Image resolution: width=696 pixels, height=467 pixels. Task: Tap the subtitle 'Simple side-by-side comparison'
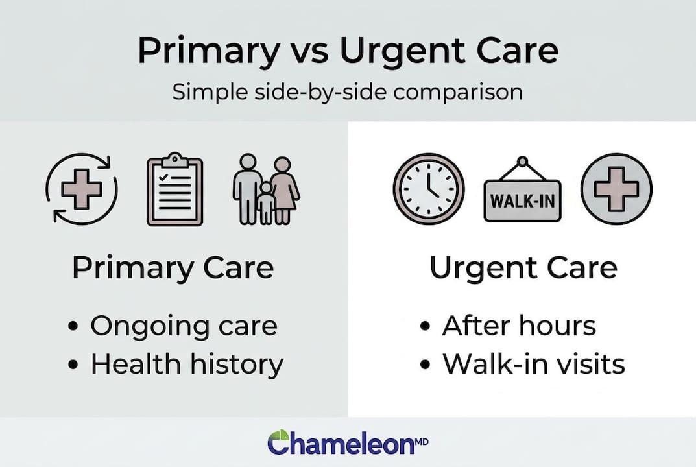pos(348,91)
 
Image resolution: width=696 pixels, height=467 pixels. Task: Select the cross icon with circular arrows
pos(82,189)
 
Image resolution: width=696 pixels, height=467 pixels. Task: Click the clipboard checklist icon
pos(175,189)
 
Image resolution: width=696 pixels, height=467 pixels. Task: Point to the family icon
pos(266,189)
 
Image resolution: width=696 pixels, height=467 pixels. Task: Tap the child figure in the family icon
pos(266,203)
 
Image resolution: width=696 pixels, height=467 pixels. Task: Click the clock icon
pos(429,189)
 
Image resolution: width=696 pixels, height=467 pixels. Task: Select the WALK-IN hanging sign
pos(523,197)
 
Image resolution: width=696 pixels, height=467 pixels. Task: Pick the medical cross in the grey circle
pos(616,189)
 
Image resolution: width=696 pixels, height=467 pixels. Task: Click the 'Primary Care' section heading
pos(173,268)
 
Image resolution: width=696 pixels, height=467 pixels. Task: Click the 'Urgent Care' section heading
pos(523,268)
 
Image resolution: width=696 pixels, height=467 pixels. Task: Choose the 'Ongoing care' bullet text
pos(184,326)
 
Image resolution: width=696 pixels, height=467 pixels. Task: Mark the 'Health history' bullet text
pos(187,364)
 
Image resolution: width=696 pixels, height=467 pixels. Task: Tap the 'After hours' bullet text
pos(518,326)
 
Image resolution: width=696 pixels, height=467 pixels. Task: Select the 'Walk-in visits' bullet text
pos(533,364)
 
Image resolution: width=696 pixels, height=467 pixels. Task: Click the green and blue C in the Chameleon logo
pos(281,442)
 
